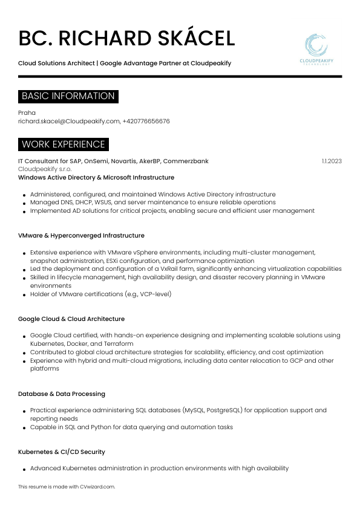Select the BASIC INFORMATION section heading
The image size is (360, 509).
coord(68,96)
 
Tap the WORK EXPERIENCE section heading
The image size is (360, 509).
coord(63,144)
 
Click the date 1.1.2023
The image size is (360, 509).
coord(332,161)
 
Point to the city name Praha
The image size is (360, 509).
coord(27,112)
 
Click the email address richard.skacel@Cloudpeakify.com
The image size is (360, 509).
coord(69,121)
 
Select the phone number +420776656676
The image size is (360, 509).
coord(146,121)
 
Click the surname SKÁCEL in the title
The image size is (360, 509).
coord(188,39)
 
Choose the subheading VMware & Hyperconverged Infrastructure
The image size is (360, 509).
coord(81,235)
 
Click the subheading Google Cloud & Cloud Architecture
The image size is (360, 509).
coord(71,319)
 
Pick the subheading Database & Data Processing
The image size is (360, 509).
coord(62,394)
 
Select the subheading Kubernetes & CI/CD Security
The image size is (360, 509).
coord(62,452)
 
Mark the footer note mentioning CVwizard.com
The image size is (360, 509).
coord(66,487)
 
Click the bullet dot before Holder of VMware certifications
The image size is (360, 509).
coord(24,295)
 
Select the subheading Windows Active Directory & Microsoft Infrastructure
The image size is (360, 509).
coord(96,178)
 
